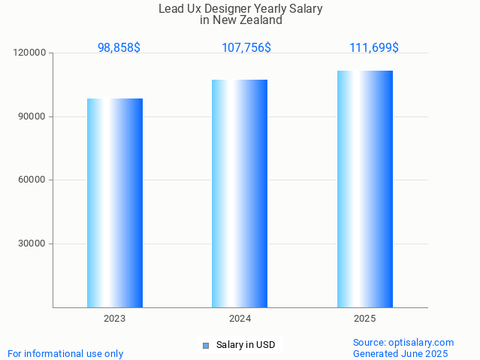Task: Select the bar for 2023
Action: (115, 203)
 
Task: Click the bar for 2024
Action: (240, 193)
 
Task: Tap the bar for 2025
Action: (365, 189)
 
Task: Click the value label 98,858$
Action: (119, 47)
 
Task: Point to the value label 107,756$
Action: (246, 47)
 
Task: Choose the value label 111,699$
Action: (374, 47)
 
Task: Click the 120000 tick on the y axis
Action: (30, 53)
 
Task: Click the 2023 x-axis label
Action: (115, 319)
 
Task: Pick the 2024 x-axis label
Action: (240, 319)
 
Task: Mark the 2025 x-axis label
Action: (365, 319)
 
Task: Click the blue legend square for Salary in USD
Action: (206, 346)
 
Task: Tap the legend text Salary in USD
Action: (246, 346)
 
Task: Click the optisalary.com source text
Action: (403, 343)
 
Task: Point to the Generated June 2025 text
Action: (400, 354)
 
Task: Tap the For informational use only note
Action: (65, 354)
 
